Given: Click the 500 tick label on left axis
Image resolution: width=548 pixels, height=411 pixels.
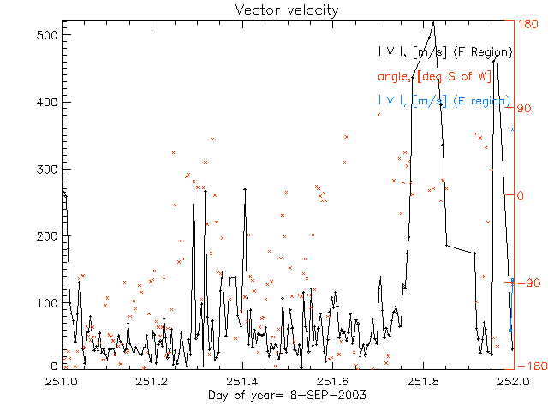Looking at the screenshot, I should coord(48,35).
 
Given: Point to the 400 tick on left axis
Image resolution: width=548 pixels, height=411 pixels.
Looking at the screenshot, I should coord(48,102).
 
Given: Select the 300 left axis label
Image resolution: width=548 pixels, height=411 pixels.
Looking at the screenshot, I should coord(48,169).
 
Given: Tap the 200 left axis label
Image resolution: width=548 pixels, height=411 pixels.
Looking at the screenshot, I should coord(48,235).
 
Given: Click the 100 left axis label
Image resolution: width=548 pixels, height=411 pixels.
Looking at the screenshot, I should coord(48,302).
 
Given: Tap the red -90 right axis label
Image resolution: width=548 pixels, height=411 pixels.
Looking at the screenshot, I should coord(527,283).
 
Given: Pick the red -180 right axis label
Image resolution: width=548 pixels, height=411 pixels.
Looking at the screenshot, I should coord(530,366).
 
